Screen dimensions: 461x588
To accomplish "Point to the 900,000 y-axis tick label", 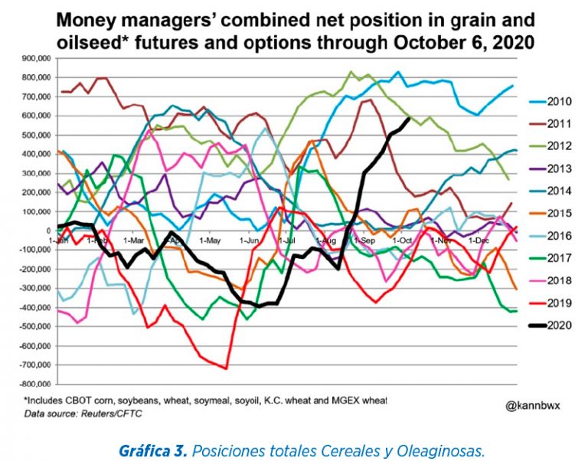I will coord(34,58).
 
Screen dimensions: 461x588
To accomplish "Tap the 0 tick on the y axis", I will coord(48,230).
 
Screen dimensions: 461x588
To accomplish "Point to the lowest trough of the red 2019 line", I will coord(227,368).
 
